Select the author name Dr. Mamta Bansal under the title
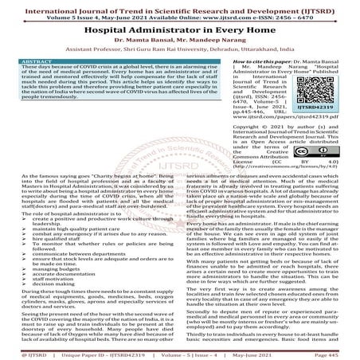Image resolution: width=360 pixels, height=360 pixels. pyautogui.click(x=145, y=37)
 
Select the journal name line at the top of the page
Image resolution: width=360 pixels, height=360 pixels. pyautogui.click(x=179, y=5)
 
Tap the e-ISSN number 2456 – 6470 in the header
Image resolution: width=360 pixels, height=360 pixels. pyautogui.click(x=314, y=13)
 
